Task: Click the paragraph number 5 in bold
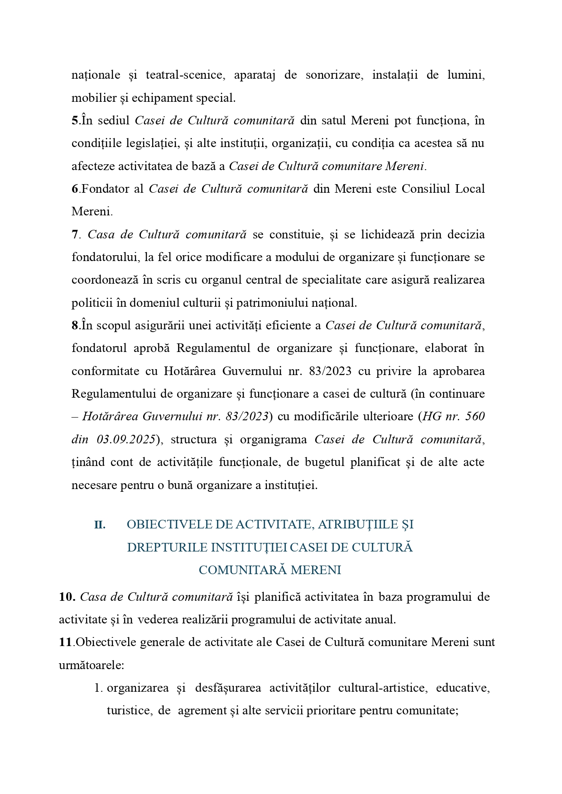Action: click(75, 121)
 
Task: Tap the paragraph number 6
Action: click(75, 189)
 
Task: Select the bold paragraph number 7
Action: click(75, 235)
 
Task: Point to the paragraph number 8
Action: click(75, 326)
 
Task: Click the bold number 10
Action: click(67, 597)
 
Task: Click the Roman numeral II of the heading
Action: click(100, 525)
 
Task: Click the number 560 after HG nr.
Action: click(475, 417)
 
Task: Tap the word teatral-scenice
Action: click(185, 75)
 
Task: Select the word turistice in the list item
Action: click(129, 711)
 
